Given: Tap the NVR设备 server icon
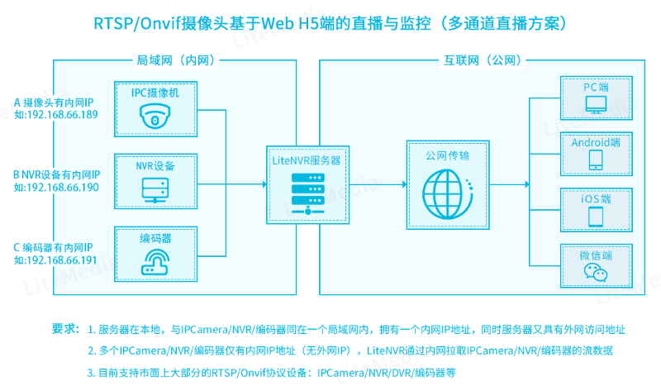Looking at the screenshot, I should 155,188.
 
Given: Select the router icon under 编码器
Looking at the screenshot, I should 155,262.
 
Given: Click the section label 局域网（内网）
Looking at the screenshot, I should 172,60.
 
